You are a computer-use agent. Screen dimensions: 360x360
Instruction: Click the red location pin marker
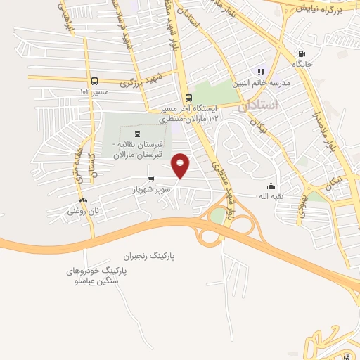181,165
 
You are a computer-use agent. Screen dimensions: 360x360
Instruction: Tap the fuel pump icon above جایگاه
302,53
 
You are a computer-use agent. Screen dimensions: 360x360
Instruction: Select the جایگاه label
302,64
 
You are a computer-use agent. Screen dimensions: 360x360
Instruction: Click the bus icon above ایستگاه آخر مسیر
188,98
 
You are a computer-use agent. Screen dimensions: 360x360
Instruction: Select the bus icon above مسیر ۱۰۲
95,80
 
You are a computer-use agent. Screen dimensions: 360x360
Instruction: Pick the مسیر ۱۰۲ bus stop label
95,91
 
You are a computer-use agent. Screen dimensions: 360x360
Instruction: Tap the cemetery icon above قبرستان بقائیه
136,134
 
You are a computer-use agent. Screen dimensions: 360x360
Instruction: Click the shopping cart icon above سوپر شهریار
150,179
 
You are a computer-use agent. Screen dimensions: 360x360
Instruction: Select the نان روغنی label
82,210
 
